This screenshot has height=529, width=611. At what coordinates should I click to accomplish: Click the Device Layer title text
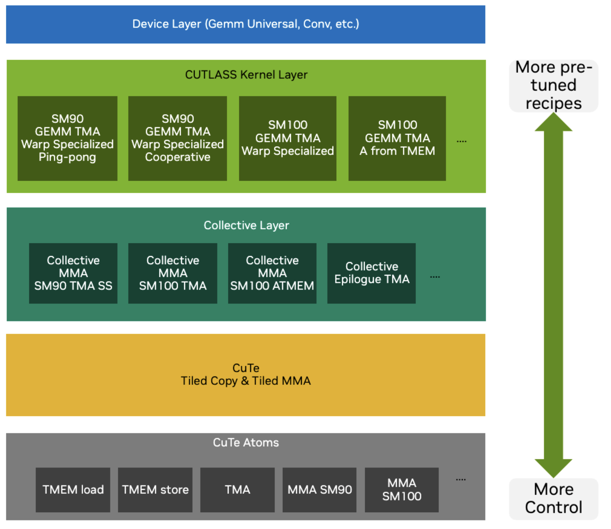point(245,24)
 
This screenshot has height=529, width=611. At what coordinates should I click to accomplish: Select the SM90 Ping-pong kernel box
point(67,138)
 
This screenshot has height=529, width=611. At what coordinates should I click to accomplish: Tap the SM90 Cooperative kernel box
point(177,138)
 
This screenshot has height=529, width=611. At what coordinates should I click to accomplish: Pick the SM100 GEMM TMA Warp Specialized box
point(288,138)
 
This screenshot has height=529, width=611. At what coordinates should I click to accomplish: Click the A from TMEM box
point(397,138)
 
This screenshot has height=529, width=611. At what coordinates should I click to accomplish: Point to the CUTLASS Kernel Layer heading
point(246,75)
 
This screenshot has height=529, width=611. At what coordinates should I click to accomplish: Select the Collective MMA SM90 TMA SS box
point(73,273)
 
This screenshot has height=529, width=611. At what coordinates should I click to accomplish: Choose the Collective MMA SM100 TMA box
point(173,273)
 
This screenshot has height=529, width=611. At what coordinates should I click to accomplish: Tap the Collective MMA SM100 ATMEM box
point(272,273)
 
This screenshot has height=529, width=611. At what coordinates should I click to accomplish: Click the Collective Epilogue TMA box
point(371,273)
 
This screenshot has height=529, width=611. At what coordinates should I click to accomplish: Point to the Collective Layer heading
point(246,225)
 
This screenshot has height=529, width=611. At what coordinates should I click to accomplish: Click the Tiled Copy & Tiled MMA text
point(245,381)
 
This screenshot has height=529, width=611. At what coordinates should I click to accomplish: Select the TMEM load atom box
point(73,490)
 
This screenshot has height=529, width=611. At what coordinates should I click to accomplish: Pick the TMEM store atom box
point(155,490)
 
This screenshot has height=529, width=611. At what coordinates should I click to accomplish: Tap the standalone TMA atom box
point(237,490)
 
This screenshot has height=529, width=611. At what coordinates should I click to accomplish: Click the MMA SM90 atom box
point(319,490)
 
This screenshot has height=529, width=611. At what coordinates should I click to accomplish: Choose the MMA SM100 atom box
point(402,490)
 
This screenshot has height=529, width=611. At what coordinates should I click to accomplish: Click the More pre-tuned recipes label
point(553,86)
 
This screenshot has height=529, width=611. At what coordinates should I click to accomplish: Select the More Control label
point(553,498)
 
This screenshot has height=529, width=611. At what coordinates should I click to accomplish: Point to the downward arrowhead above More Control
point(553,468)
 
